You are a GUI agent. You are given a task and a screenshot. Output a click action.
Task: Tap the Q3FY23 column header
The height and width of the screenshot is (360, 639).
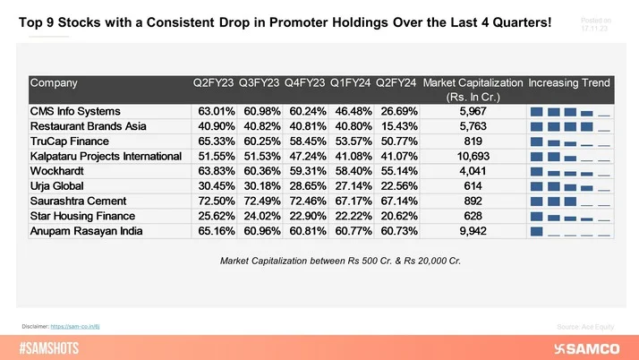tap(260, 83)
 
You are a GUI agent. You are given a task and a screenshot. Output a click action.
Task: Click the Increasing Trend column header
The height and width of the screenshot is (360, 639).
tap(569, 83)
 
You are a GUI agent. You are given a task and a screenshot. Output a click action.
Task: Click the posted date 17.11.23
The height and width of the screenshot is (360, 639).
tap(596, 29)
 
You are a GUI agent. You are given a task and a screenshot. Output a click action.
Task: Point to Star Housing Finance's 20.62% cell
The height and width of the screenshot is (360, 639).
tap(397, 216)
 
